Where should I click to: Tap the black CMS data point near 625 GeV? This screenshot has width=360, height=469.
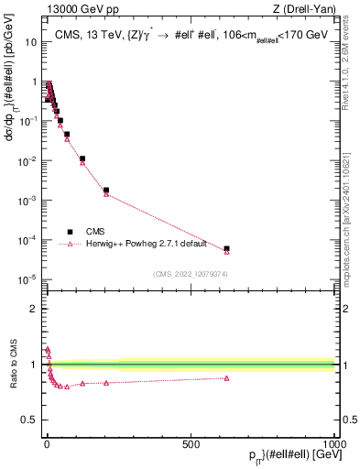pyautogui.click(x=226, y=248)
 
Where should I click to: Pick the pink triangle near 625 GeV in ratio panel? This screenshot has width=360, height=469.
pyautogui.click(x=226, y=377)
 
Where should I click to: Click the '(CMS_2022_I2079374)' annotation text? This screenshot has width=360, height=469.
pyautogui.click(x=191, y=273)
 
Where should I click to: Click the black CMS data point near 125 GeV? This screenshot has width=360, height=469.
pyautogui.click(x=82, y=158)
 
